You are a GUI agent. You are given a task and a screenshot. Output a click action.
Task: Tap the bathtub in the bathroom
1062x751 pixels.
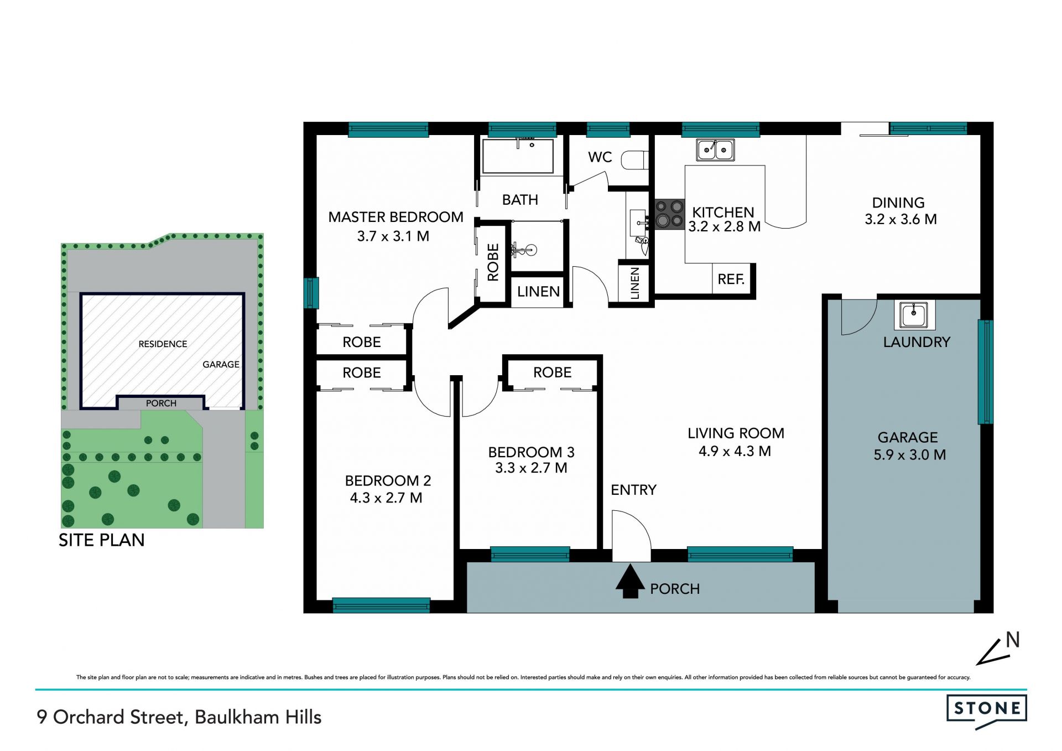[518, 156]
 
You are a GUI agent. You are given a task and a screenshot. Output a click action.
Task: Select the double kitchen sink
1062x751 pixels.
[715, 149]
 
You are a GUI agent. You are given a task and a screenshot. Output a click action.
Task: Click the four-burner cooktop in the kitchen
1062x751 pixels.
[669, 214]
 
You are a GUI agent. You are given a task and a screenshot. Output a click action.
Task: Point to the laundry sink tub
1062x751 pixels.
[914, 315]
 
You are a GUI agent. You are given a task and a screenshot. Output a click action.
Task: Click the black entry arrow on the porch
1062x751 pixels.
[630, 581]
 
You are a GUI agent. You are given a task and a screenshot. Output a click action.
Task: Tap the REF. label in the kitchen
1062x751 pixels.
[731, 279]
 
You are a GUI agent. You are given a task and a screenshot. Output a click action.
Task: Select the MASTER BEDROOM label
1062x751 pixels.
[395, 217]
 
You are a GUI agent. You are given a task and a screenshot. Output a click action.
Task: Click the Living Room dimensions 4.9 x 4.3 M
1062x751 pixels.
[735, 451]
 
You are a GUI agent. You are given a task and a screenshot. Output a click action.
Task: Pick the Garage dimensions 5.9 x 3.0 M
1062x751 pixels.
[909, 455]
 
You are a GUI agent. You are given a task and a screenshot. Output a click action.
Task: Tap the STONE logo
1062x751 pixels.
[987, 711]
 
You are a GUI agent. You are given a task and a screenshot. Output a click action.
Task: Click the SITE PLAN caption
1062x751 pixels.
[102, 540]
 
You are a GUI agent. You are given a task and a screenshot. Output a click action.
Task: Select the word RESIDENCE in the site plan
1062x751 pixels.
[163, 344]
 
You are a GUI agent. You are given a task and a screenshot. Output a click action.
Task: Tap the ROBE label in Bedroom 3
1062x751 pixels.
[552, 372]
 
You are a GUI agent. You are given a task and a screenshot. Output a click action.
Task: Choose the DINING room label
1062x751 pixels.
[898, 203]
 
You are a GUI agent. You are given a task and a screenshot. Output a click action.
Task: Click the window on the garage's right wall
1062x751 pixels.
[985, 372]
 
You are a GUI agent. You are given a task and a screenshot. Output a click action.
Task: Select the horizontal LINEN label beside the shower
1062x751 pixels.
[538, 292]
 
